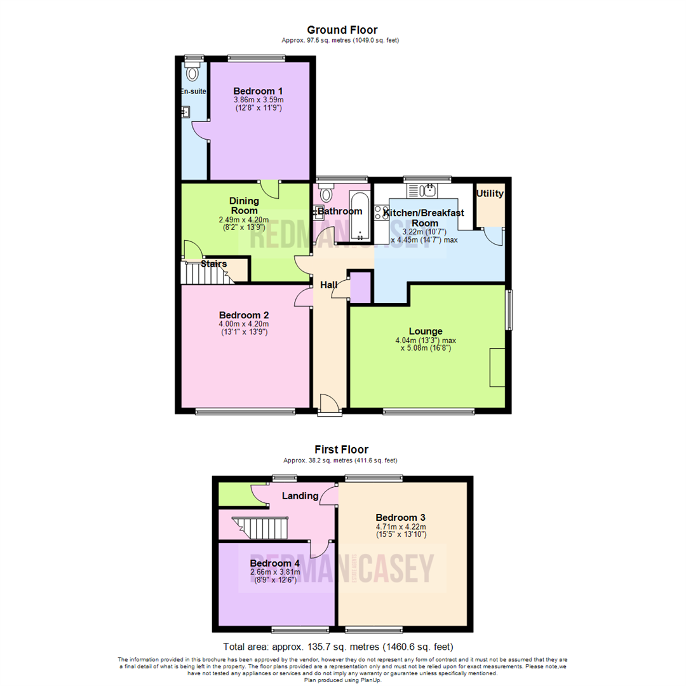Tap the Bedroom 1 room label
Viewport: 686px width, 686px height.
click(x=258, y=90)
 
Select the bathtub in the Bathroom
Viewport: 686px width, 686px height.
click(x=359, y=216)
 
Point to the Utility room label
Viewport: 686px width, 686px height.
click(x=490, y=194)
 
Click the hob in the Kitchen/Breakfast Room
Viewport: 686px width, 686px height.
click(x=381, y=213)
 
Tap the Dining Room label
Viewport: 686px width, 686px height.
click(x=244, y=205)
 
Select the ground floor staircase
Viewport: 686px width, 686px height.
click(x=205, y=274)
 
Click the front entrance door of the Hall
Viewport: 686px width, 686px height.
click(x=329, y=404)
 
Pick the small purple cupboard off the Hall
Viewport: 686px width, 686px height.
click(x=361, y=288)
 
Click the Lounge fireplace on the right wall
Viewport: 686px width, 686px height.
click(x=497, y=367)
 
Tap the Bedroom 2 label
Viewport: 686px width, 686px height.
click(x=244, y=315)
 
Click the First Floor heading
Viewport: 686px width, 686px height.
click(x=342, y=449)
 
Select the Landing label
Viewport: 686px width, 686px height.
click(x=300, y=495)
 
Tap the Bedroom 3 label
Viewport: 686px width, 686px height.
click(x=400, y=516)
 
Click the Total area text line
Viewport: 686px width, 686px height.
click(x=342, y=647)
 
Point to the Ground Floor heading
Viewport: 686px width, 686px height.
click(x=342, y=30)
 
